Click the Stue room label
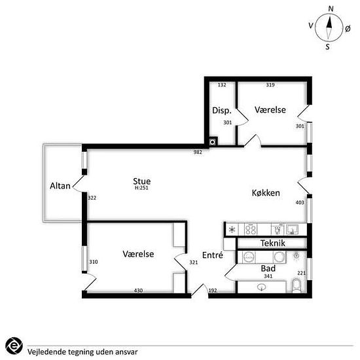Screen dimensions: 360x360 pos(142,181)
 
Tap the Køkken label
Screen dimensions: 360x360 pos(266,193)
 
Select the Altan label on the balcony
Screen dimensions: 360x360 pos(60,186)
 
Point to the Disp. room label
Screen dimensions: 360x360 pos(221,111)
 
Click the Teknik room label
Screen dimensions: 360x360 pos(273,243)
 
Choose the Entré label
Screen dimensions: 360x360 pos(213,255)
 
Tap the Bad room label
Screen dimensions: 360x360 pos(268,268)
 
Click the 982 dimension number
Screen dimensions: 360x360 pos(198,152)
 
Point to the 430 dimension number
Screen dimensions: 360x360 pos(138,291)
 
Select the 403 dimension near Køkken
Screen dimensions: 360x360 pos(300,202)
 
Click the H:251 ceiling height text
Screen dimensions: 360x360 pos(141,188)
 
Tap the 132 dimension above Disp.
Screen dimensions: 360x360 pos(222,85)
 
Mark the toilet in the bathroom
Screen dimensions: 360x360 pos(297,285)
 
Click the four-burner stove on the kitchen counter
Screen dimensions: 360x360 pos(251,230)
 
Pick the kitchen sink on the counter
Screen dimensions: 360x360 pos(293,230)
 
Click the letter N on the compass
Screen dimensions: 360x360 pos(331,9)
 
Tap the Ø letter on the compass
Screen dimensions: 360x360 pos(348,29)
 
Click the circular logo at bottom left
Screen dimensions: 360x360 pos(14,346)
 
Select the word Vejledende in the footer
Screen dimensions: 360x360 pos(43,351)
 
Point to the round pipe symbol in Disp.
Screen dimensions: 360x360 pos(213,142)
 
